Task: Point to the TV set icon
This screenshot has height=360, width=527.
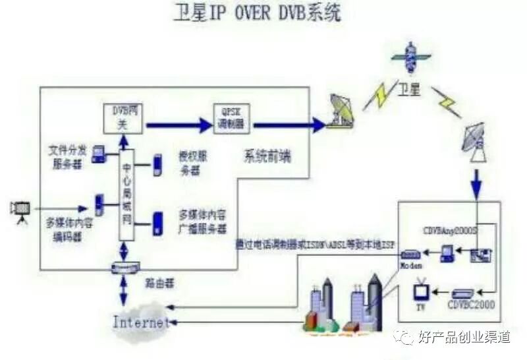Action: coord(422,291)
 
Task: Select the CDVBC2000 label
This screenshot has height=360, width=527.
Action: coord(472,305)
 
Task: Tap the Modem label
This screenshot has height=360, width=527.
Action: coord(410,264)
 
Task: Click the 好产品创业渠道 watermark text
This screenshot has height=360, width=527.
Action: coord(464,338)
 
